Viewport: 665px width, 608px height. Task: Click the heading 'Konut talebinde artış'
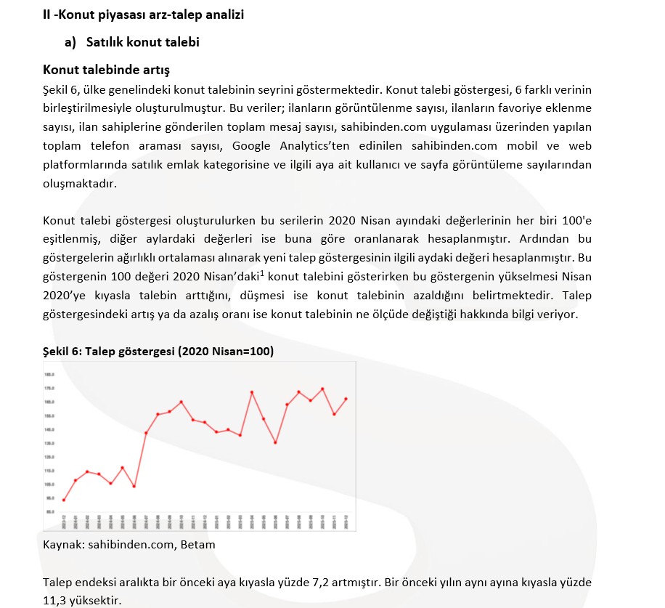pos(106,70)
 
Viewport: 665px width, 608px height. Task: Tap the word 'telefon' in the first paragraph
pos(134,146)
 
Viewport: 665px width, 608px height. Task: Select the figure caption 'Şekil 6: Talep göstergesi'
pos(158,351)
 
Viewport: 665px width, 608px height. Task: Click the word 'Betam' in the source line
pos(200,544)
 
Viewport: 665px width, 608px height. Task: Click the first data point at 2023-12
pos(64,500)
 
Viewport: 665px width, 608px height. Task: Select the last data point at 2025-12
pos(346,399)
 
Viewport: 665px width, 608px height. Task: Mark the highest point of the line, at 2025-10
pos(322,389)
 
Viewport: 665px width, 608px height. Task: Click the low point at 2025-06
pos(275,442)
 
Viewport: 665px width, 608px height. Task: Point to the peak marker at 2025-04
pos(252,392)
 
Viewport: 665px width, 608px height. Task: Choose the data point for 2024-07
pos(146,433)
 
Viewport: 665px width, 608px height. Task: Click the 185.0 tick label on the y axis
pos(50,375)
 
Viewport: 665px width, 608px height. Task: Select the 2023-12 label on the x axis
pos(64,521)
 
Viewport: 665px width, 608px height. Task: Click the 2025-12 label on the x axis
pos(346,521)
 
